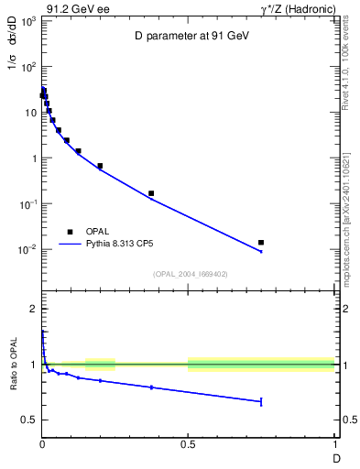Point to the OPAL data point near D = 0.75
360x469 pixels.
pyautogui.click(x=261, y=243)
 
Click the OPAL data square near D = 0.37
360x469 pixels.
pyautogui.click(x=151, y=193)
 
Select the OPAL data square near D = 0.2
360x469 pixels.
pyautogui.click(x=100, y=166)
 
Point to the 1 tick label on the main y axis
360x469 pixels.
pyautogui.click(x=33, y=158)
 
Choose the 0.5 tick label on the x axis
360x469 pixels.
pyautogui.click(x=188, y=446)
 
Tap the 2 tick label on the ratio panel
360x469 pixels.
pyautogui.click(x=33, y=309)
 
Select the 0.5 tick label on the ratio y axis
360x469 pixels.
pyautogui.click(x=28, y=420)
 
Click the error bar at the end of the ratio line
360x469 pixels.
pyautogui.click(x=261, y=401)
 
